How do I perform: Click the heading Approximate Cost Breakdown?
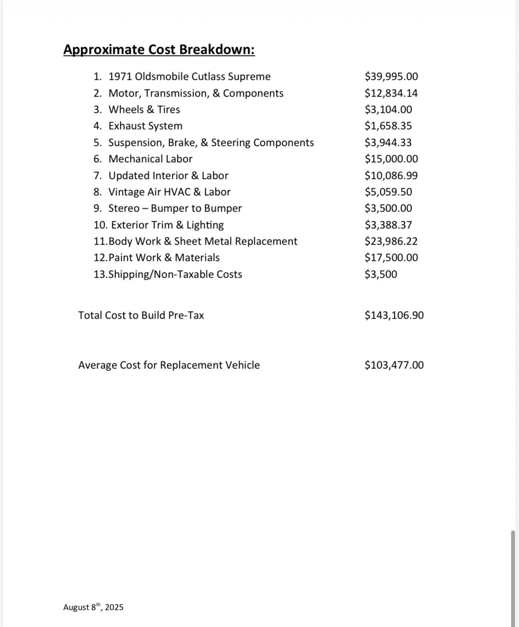(x=159, y=49)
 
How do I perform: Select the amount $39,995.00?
(x=391, y=77)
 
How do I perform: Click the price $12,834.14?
(x=391, y=93)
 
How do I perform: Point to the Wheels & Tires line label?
(x=144, y=109)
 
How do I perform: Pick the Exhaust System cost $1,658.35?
(x=388, y=126)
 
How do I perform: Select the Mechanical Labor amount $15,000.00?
(x=391, y=159)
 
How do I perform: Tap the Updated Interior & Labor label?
(x=168, y=175)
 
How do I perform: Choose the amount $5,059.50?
(x=388, y=192)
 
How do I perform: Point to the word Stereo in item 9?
(x=124, y=208)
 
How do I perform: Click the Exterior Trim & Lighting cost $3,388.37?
(x=388, y=225)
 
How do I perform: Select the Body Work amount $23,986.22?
(x=391, y=241)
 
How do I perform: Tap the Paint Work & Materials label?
(x=164, y=258)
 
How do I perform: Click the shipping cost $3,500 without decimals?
(x=381, y=275)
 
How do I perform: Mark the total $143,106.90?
(x=394, y=315)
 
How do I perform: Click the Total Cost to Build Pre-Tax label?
(x=141, y=315)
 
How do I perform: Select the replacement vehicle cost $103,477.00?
(x=394, y=365)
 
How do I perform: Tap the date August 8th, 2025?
(x=93, y=607)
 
